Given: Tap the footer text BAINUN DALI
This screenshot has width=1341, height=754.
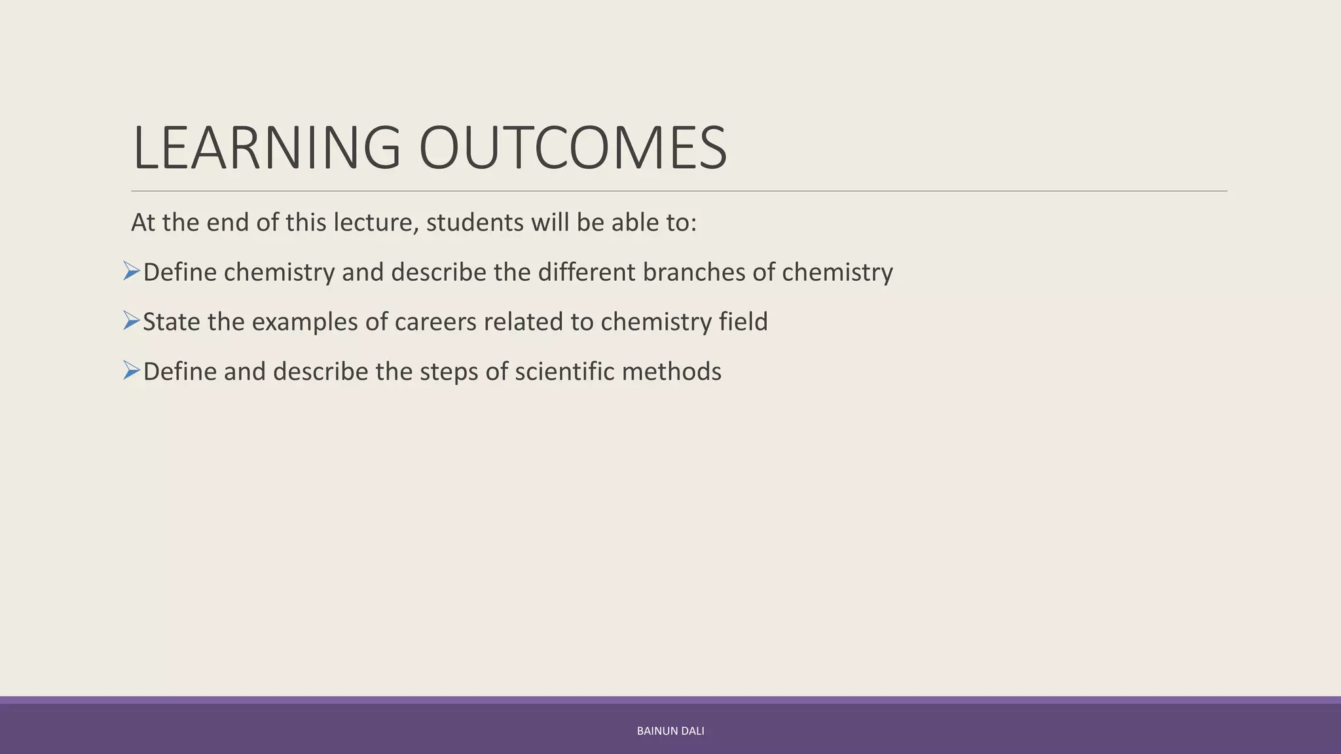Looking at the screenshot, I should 670,731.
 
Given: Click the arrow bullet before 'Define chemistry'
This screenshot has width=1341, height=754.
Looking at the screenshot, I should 132,271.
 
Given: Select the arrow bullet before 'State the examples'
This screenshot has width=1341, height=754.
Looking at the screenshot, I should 132,321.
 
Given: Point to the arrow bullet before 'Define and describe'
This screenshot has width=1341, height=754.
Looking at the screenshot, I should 132,370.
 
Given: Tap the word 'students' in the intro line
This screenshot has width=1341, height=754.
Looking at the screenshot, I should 475,223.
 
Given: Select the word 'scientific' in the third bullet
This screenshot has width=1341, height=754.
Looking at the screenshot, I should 564,372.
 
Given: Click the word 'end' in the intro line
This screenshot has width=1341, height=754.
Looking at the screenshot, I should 228,223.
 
